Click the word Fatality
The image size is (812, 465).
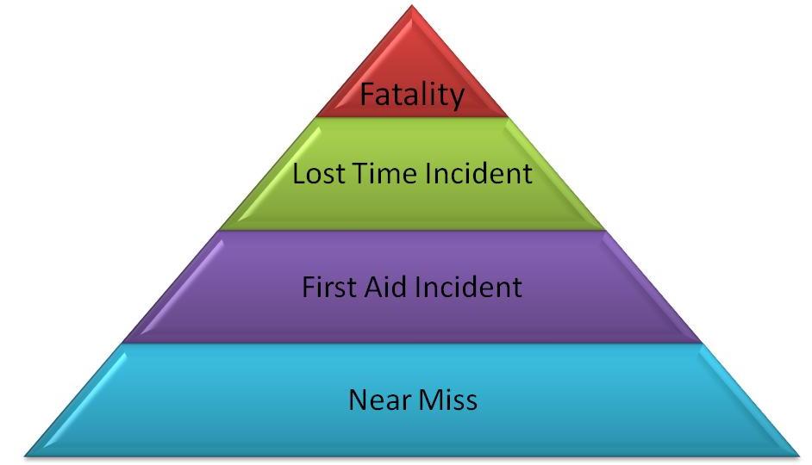(x=412, y=93)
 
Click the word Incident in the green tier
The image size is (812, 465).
(x=478, y=174)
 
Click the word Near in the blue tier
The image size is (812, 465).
(x=376, y=400)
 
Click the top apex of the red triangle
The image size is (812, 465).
(x=412, y=7)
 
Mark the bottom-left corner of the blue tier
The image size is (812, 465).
(x=26, y=454)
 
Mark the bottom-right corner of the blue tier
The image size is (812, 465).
(x=798, y=454)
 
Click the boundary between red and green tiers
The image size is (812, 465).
(x=412, y=116)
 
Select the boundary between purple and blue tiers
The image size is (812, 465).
(x=412, y=343)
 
